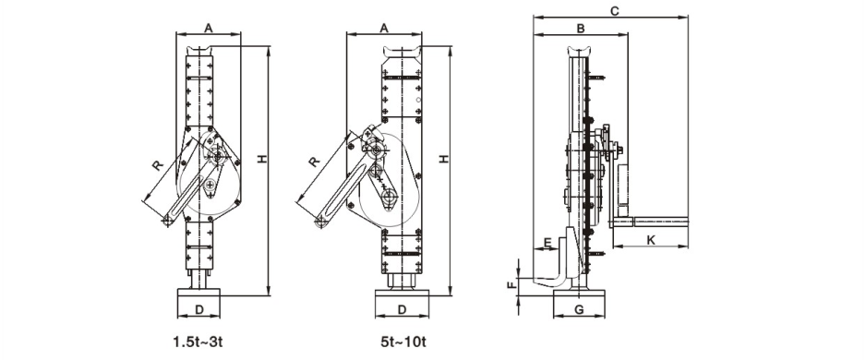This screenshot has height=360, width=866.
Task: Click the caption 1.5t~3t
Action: tap(198, 342)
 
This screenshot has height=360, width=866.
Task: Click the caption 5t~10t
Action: tap(403, 342)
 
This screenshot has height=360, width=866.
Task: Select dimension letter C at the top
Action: tap(613, 10)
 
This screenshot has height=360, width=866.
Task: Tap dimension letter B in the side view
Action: tap(581, 29)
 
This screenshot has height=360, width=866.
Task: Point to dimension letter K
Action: tap(651, 240)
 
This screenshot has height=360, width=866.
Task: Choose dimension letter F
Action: tap(511, 285)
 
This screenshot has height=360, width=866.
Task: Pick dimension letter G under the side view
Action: tap(579, 310)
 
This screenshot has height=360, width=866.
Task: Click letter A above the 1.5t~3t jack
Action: tap(209, 28)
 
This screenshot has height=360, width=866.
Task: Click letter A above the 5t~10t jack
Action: tap(385, 28)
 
